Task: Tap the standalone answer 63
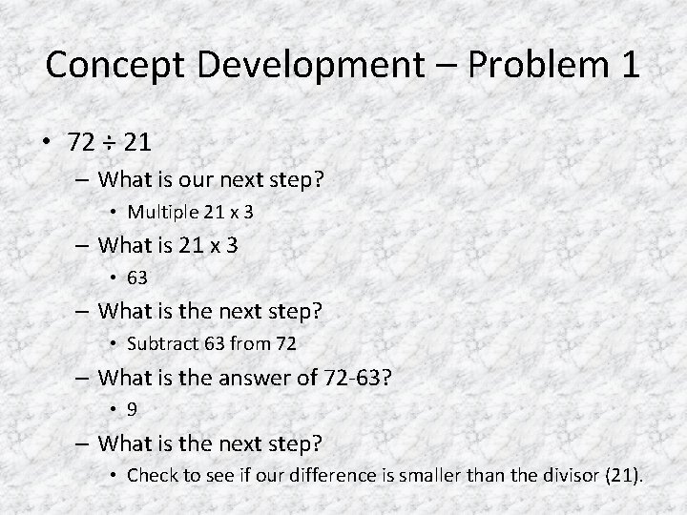138,278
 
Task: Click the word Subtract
158,343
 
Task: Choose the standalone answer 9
132,410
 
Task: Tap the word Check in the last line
151,475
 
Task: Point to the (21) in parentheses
626,475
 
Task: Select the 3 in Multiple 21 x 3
250,211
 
